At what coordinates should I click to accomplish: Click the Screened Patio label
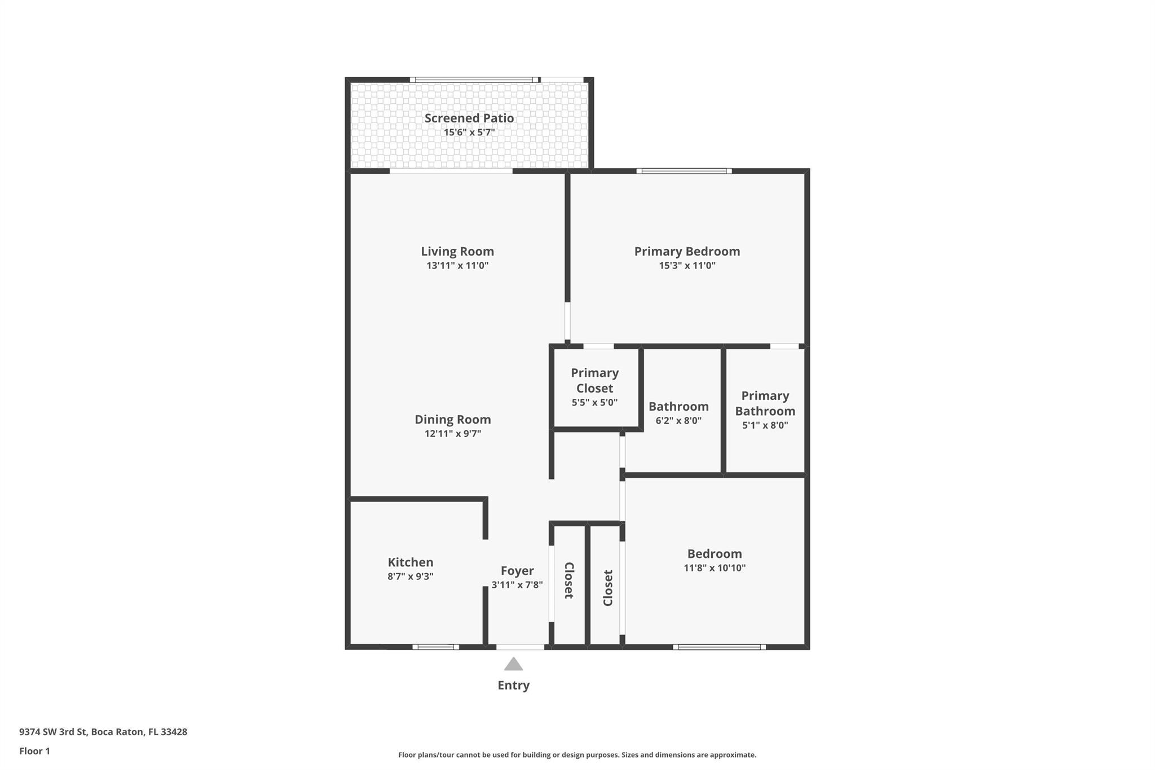[469, 118]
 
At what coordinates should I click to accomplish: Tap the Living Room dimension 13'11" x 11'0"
[457, 266]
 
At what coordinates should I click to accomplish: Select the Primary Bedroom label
[687, 251]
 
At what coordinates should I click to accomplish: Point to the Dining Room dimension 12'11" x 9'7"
[453, 434]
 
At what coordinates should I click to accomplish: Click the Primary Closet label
[594, 380]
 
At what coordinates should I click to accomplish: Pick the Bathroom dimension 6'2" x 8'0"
[678, 421]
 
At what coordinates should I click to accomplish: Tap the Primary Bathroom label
[765, 403]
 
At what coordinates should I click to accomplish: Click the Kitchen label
[411, 562]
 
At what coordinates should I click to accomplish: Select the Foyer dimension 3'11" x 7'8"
[517, 585]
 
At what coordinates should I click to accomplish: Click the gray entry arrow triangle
[513, 665]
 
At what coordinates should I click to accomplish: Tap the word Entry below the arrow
[513, 685]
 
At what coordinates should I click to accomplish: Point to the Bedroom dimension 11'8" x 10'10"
[715, 568]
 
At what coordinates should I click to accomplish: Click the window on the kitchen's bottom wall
[435, 647]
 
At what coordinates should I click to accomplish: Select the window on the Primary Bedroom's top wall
[684, 171]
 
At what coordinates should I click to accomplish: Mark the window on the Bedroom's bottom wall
[720, 647]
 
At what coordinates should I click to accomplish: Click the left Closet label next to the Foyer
[569, 580]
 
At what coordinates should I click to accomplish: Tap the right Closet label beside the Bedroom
[607, 588]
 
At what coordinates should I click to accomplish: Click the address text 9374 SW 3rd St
[53, 732]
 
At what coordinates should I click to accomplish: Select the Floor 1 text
[34, 751]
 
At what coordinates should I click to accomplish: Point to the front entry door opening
[520, 647]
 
